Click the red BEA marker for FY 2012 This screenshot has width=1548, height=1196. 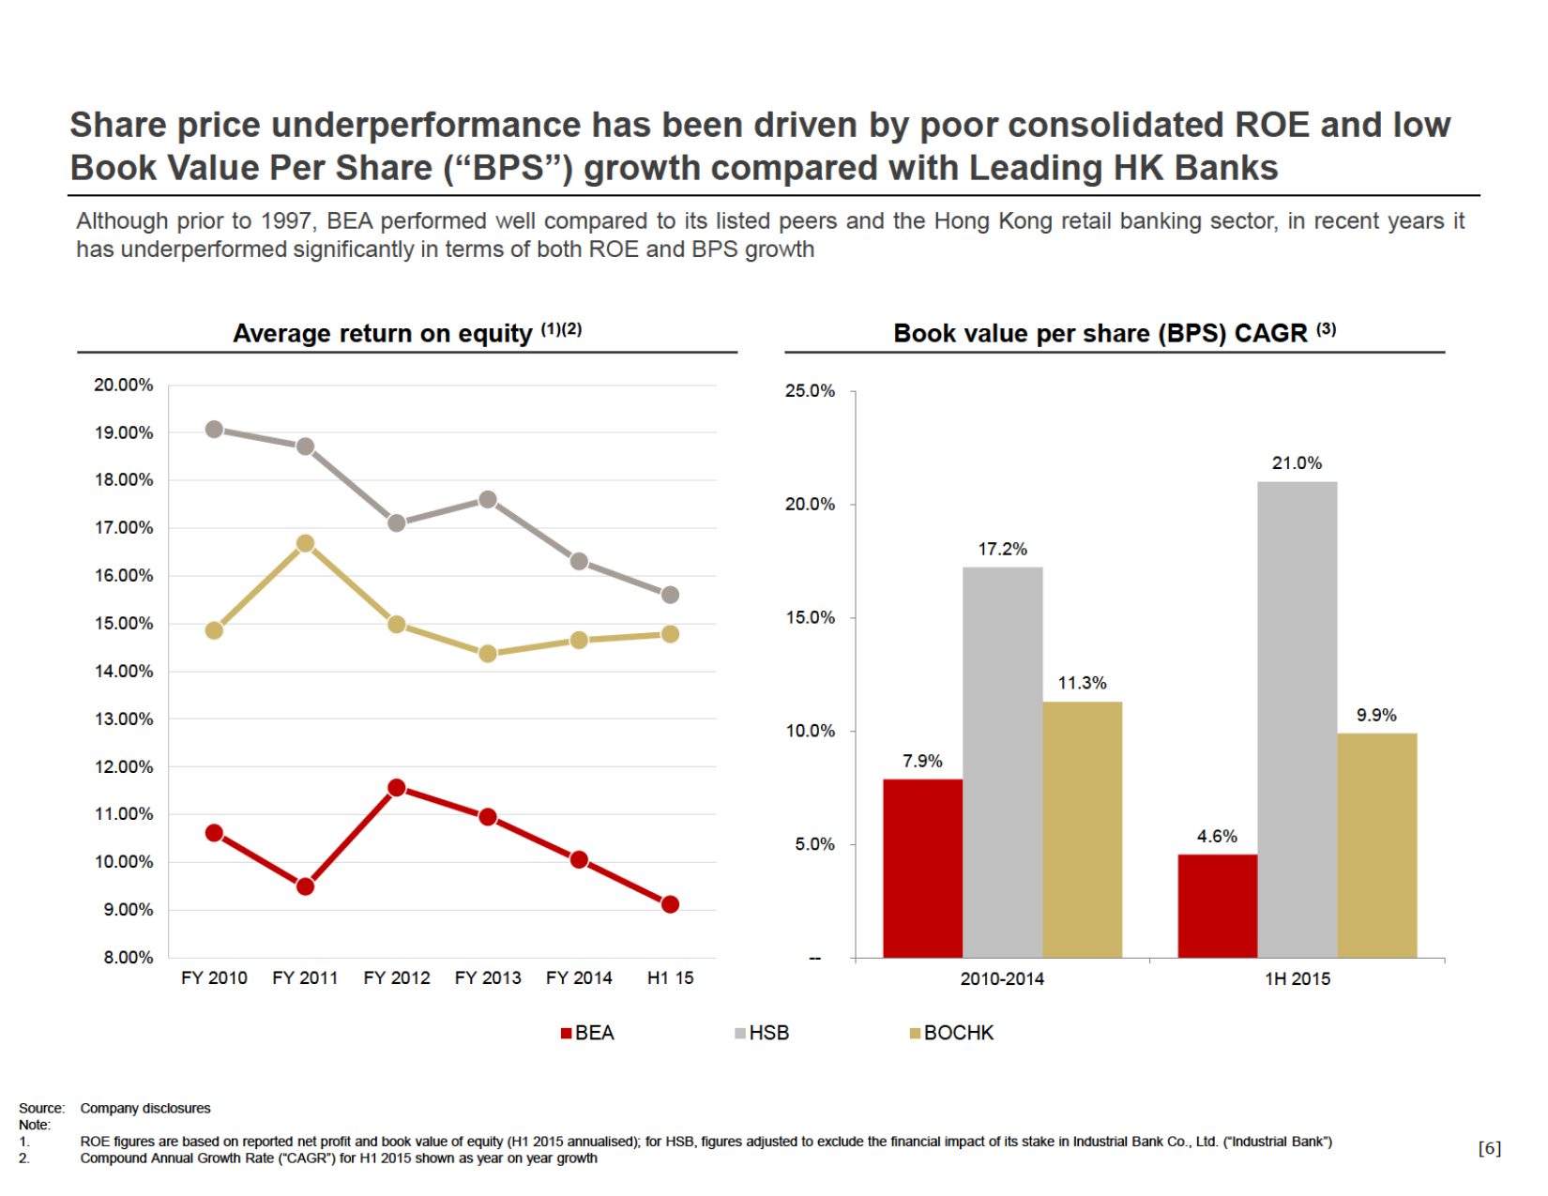tap(397, 788)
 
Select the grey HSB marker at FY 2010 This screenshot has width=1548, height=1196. tap(214, 430)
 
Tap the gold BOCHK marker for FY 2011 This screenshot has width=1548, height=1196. tap(305, 544)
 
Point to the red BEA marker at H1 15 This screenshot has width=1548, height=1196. tap(670, 904)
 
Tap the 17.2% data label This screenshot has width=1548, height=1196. tap(1002, 550)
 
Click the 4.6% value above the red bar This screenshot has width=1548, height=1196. tap(1217, 837)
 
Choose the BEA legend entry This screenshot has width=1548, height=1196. tap(587, 1033)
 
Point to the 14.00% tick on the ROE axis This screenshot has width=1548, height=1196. tap(123, 672)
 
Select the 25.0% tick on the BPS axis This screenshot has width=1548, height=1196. tap(810, 391)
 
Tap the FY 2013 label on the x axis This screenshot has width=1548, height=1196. tap(488, 978)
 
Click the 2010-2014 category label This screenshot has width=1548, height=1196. tap(1002, 979)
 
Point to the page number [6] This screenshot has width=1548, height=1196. tap(1490, 1148)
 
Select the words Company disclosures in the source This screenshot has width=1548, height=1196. tap(145, 1109)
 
